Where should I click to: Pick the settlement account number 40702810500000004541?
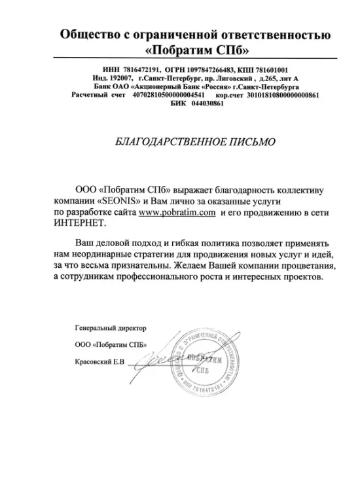[x=173, y=95]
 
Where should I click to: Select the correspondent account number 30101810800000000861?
[x=283, y=95]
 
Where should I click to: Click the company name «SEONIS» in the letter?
[x=119, y=202]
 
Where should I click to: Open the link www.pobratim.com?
[x=177, y=213]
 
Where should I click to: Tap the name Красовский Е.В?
[x=98, y=362]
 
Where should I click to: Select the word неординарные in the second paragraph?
[x=107, y=255]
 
